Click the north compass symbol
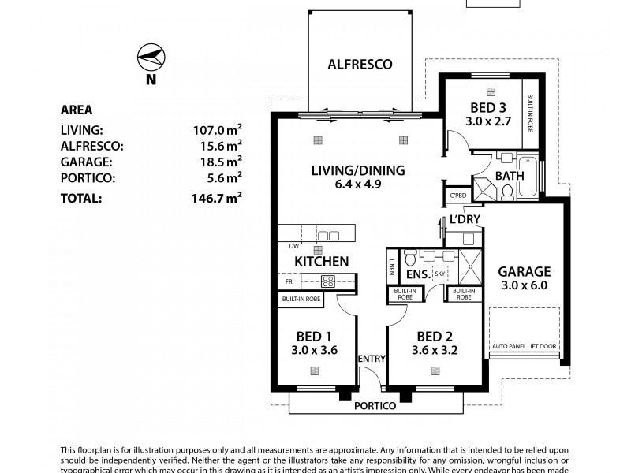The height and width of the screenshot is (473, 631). point(150,58)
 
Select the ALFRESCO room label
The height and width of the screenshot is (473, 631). point(360,65)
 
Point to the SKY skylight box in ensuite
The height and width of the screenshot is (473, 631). point(439,274)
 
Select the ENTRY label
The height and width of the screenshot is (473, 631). point(371,359)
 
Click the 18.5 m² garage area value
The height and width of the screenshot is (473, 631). point(218,162)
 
